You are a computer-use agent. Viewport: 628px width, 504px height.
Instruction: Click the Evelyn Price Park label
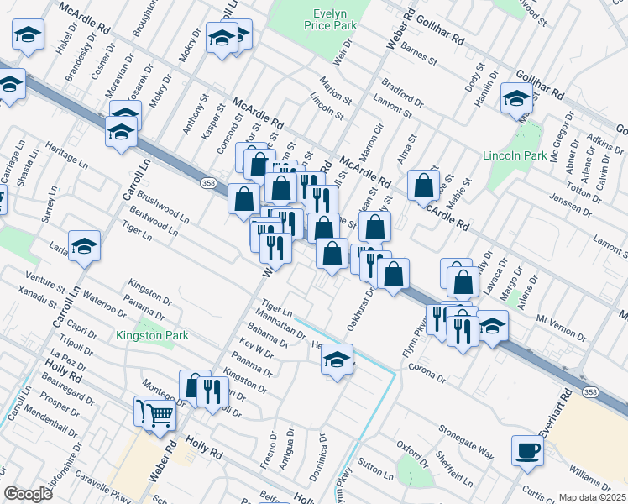click(335, 21)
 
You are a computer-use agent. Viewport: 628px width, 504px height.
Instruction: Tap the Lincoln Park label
click(515, 156)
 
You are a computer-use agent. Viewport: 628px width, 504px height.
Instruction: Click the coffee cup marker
click(527, 450)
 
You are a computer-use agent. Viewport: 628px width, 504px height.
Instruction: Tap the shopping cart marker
click(160, 413)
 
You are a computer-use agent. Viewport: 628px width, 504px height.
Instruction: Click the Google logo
click(28, 494)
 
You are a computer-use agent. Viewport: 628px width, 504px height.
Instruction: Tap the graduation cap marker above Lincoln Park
click(515, 97)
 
